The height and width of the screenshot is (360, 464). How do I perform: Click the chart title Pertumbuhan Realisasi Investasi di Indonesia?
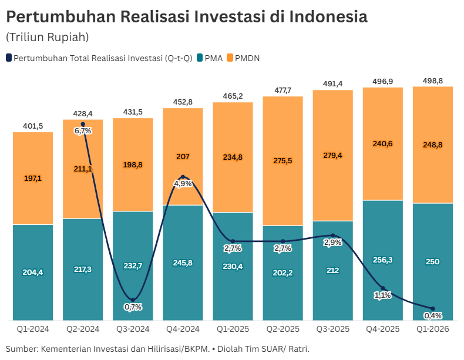tap(187, 16)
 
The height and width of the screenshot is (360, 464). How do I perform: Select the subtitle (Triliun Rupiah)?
tap(48, 37)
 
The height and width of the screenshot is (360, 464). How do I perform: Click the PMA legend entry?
tap(209, 58)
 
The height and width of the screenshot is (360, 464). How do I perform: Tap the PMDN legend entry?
tap(243, 58)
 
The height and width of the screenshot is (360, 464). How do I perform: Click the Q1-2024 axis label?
tap(33, 329)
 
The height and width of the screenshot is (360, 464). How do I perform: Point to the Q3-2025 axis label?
tap(332, 329)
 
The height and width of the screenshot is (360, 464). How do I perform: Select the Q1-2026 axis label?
tap(433, 329)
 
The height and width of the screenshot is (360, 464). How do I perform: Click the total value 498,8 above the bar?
tap(433, 80)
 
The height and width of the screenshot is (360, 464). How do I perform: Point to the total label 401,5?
tap(33, 126)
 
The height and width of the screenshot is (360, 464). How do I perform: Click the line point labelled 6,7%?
tap(83, 125)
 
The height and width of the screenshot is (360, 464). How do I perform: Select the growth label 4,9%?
tap(183, 184)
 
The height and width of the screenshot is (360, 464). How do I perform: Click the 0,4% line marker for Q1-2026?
tap(433, 309)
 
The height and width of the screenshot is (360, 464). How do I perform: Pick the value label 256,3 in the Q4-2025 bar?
tap(383, 260)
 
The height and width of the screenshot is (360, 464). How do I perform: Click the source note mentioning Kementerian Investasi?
tap(157, 349)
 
